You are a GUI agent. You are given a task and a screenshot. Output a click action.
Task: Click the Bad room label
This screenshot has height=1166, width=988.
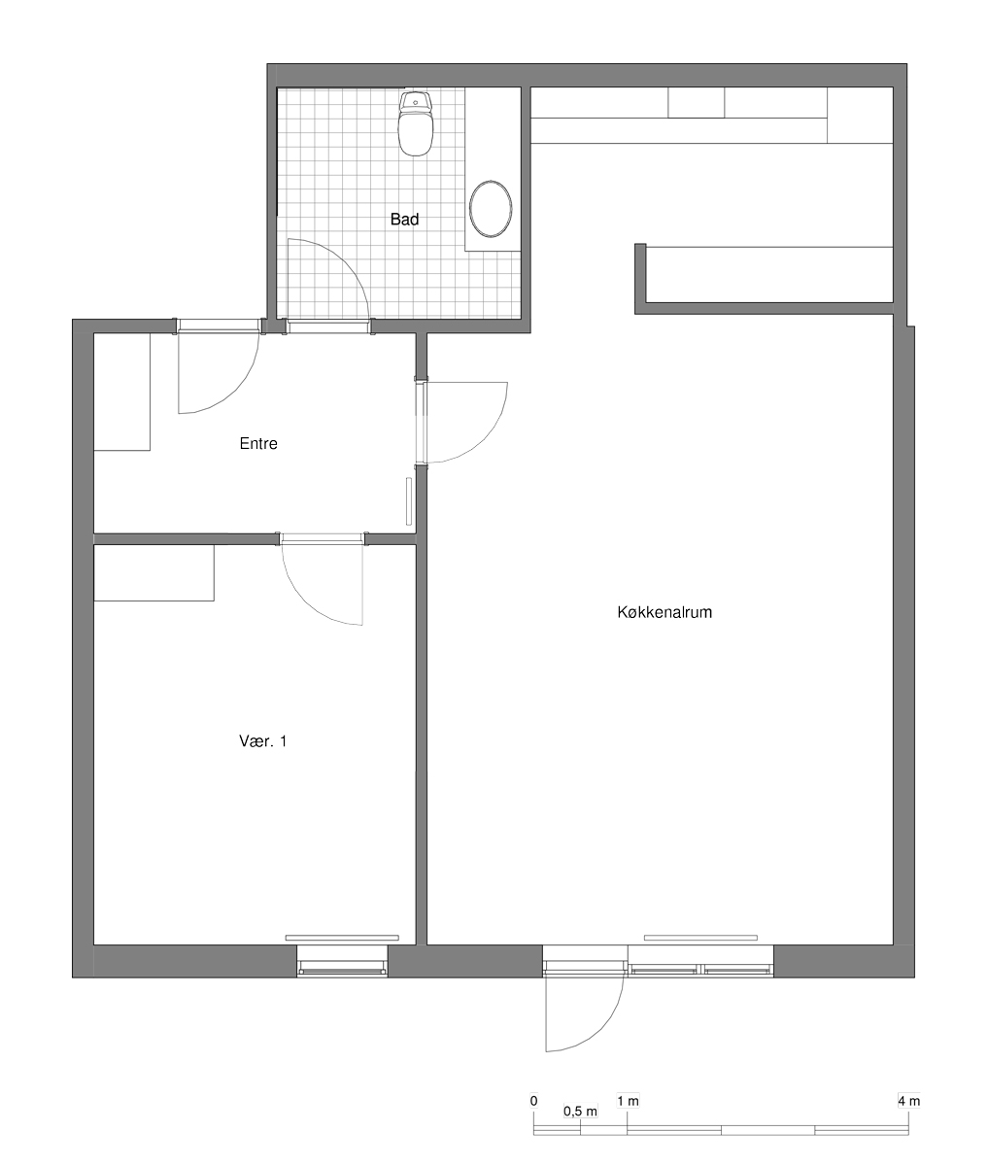(x=404, y=220)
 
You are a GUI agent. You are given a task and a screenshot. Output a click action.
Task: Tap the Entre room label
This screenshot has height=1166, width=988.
(x=258, y=443)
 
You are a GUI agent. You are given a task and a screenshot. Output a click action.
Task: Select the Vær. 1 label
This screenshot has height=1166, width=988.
(x=263, y=741)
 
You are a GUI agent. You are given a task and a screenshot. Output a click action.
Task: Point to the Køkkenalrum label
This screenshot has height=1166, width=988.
(x=664, y=612)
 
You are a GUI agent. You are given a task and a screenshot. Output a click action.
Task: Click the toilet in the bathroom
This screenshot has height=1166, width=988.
(x=415, y=123)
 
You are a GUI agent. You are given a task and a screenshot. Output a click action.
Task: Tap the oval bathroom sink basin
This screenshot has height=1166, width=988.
(x=491, y=209)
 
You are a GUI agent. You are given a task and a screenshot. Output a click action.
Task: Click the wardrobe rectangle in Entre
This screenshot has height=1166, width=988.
(x=121, y=392)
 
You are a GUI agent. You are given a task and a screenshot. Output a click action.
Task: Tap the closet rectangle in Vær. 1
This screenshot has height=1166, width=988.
(x=153, y=572)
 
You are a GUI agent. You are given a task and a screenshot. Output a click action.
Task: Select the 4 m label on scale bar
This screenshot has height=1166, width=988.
(x=908, y=1101)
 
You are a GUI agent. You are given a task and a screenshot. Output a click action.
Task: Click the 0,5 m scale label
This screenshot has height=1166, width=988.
(x=580, y=1112)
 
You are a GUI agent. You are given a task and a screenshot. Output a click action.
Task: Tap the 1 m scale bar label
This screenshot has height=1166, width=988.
(x=629, y=1101)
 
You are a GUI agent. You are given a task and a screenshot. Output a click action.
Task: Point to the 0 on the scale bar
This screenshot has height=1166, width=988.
(x=533, y=1101)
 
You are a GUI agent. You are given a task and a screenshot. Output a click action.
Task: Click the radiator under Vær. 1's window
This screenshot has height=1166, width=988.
(x=342, y=938)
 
